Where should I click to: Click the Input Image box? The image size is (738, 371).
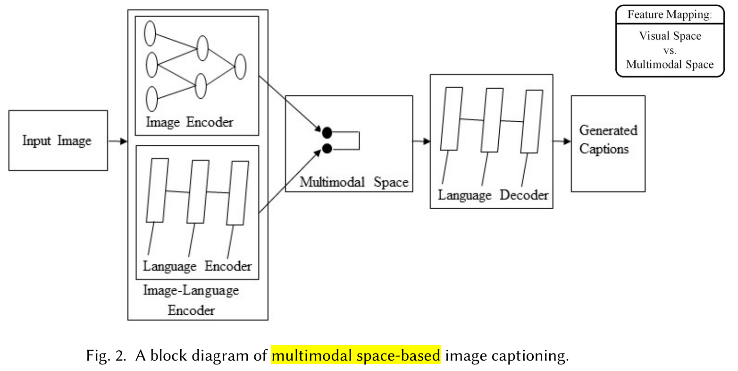tap(58, 141)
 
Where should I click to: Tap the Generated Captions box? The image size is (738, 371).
tap(608, 143)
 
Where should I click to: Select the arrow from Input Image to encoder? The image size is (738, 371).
tap(117, 141)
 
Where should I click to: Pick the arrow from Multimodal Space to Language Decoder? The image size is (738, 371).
tap(421, 141)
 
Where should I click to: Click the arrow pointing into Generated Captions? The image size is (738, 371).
tap(562, 141)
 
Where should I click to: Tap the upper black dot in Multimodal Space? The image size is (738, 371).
tap(327, 133)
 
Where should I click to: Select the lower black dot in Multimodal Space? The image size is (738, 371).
tap(327, 149)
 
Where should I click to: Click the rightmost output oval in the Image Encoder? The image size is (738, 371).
tap(240, 67)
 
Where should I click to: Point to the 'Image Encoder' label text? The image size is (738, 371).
tap(190, 122)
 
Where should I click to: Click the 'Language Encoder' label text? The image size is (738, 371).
tap(197, 266)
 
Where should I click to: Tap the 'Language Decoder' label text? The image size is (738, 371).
tap(493, 195)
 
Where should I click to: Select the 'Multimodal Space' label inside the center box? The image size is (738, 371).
tap(354, 182)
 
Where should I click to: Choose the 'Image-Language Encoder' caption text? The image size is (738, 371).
tap(191, 300)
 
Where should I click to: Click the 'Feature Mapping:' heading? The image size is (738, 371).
tap(670, 15)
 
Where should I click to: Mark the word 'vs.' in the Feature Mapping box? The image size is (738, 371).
tap(670, 51)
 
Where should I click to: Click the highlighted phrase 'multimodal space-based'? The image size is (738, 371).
tap(356, 355)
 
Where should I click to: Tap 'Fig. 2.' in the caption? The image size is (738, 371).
tap(106, 355)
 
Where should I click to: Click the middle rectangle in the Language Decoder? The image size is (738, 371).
tap(492, 120)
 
